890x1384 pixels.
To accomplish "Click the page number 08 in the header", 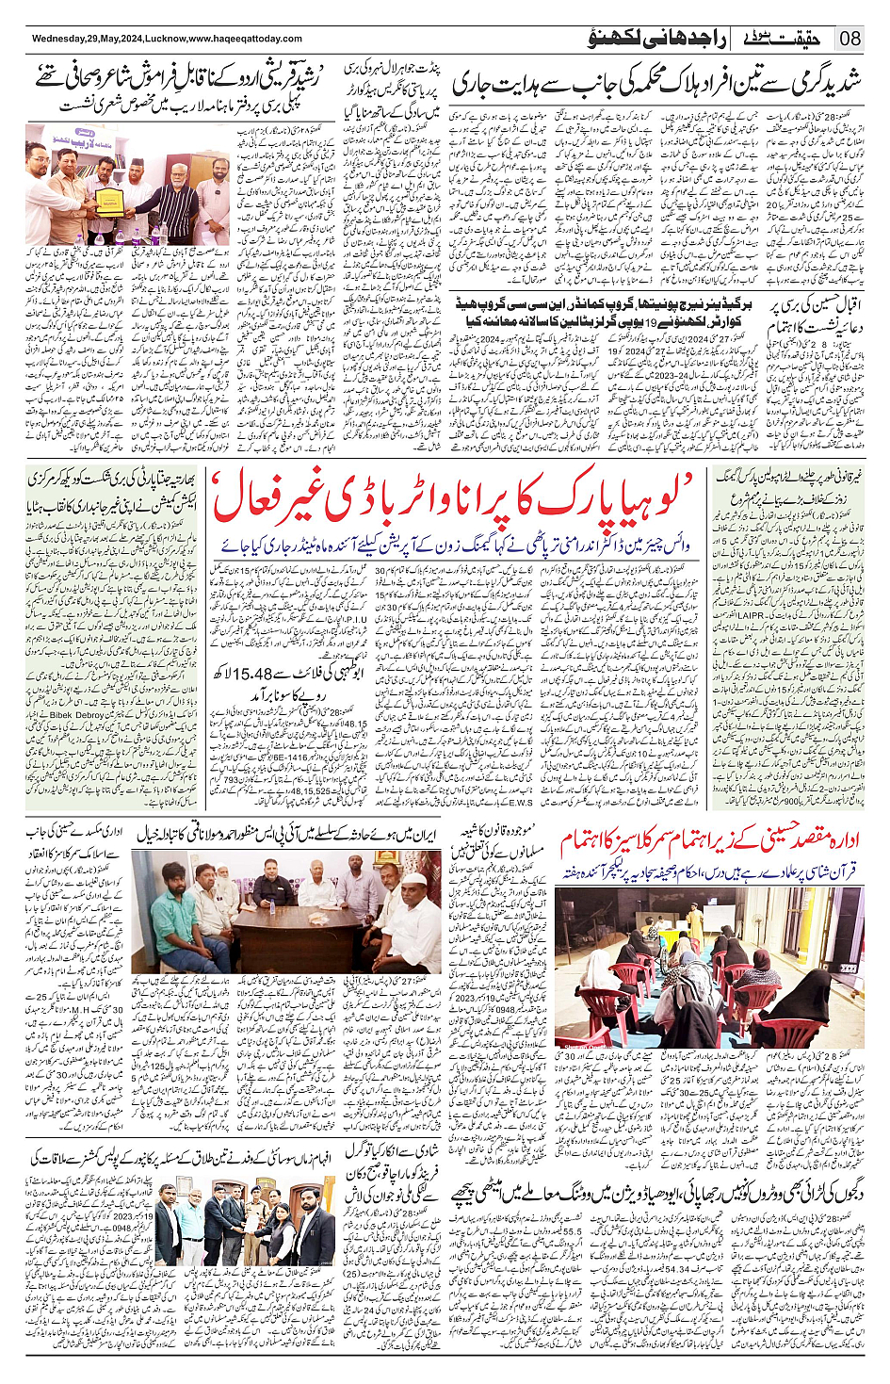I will click(x=850, y=39).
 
